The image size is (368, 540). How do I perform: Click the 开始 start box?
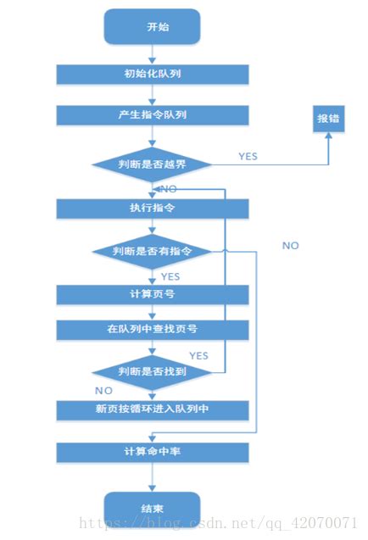pos(153,26)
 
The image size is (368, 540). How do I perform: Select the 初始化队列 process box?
pos(153,74)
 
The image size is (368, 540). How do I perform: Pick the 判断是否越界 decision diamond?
pos(153,164)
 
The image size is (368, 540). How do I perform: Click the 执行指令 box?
pos(153,209)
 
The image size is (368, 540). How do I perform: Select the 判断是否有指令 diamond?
pos(153,251)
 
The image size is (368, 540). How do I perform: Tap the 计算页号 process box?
pos(153,294)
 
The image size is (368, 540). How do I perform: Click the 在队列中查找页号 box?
pos(153,329)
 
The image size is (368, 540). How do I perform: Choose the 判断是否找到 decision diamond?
pos(153,371)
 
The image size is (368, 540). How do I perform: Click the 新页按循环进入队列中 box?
pos(153,410)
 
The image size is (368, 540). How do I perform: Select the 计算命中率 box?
pos(153,452)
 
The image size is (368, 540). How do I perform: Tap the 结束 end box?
pos(153,508)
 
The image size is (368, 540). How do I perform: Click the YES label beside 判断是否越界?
pos(248,157)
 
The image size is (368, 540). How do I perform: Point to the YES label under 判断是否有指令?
pos(170,276)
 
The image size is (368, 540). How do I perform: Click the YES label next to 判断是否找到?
pos(198,355)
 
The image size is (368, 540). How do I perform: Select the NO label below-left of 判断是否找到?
pos(103,391)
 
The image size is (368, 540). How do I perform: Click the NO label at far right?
pos(291,245)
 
